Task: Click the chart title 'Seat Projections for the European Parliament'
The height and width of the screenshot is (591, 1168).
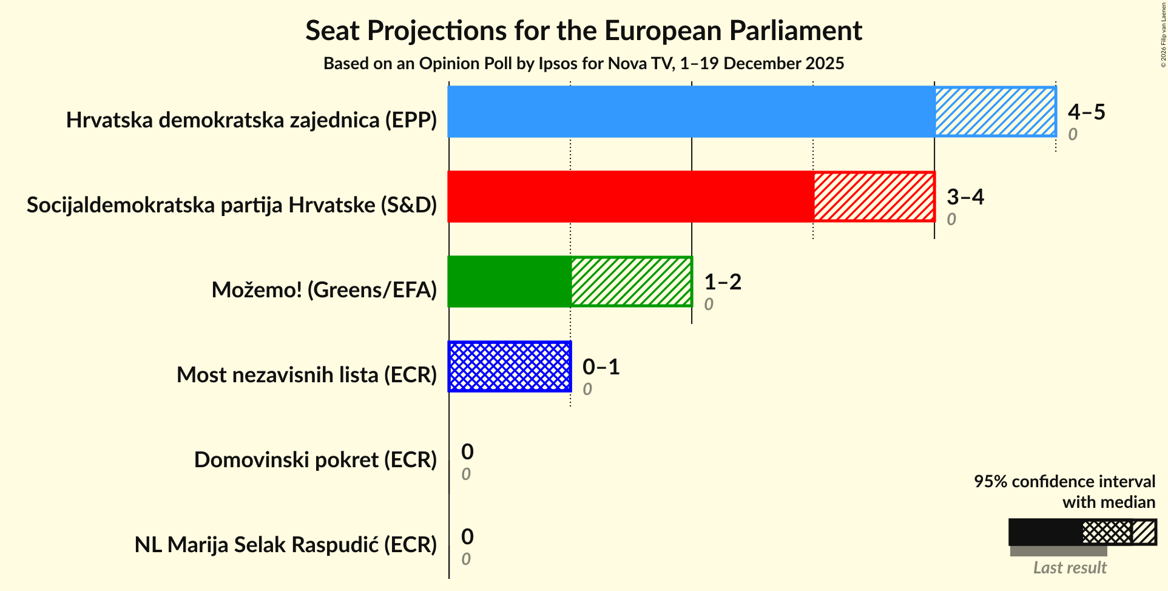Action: [x=583, y=30]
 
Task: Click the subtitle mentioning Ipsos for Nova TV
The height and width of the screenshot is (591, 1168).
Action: [x=583, y=63]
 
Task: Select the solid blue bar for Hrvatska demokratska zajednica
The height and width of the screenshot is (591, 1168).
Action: [x=691, y=112]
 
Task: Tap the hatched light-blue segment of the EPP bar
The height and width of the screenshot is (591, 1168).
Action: [x=995, y=112]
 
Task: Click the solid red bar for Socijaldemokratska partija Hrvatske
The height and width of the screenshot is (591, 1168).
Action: [x=630, y=197]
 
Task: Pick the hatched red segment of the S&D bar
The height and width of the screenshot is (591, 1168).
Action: [x=874, y=197]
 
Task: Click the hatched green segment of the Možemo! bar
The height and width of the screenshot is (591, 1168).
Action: [x=631, y=282]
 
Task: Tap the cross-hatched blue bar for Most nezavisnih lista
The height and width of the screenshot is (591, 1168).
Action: [x=510, y=366]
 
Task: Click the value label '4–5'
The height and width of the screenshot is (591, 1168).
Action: [x=1086, y=112]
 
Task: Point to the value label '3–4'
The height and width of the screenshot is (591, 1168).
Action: [x=965, y=197]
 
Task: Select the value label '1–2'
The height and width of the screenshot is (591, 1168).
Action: [x=722, y=282]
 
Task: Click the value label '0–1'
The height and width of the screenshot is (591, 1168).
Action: [x=601, y=366]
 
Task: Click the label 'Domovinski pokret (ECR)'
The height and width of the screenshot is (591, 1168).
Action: [x=315, y=459]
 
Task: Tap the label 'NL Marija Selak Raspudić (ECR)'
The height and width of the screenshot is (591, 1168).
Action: [x=285, y=544]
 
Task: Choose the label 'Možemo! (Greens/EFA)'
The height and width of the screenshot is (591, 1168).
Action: [x=324, y=289]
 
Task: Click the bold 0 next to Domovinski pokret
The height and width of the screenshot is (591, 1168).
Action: [x=467, y=451]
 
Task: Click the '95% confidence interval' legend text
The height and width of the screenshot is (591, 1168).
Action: [x=1064, y=481]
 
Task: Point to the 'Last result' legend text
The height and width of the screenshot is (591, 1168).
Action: [x=1070, y=567]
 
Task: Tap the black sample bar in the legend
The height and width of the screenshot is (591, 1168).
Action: [x=1045, y=532]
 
